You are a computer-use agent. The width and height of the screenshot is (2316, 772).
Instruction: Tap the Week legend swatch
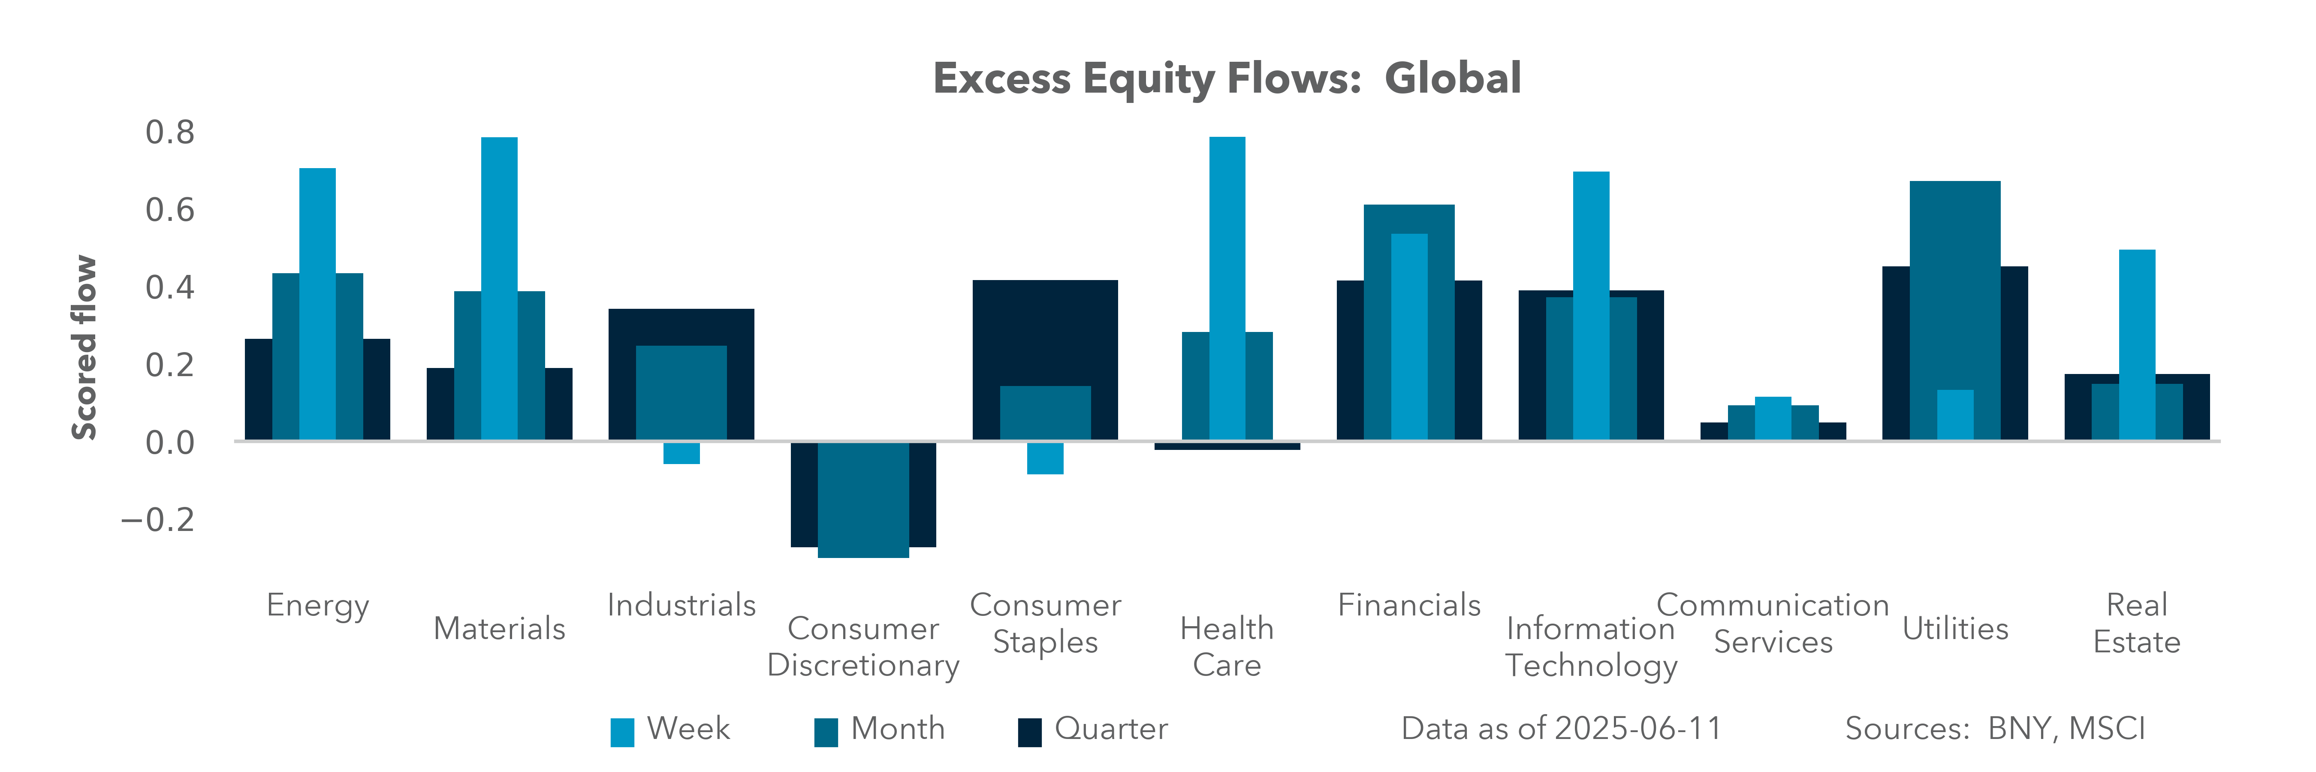[622, 733]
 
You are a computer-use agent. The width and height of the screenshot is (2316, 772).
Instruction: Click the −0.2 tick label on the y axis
[158, 519]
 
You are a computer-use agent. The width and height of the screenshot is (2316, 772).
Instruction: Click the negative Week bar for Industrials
[682, 453]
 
